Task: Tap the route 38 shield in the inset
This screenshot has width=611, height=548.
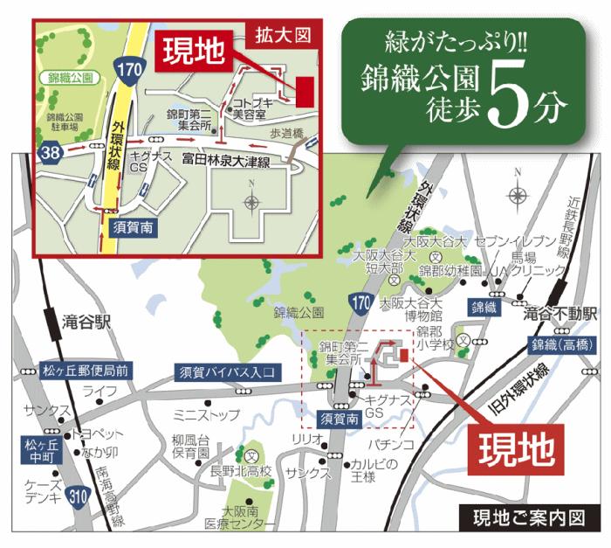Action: (51, 155)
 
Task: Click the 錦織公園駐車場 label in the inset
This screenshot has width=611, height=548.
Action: (65, 121)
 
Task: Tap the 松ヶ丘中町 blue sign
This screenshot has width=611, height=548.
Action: (36, 450)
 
